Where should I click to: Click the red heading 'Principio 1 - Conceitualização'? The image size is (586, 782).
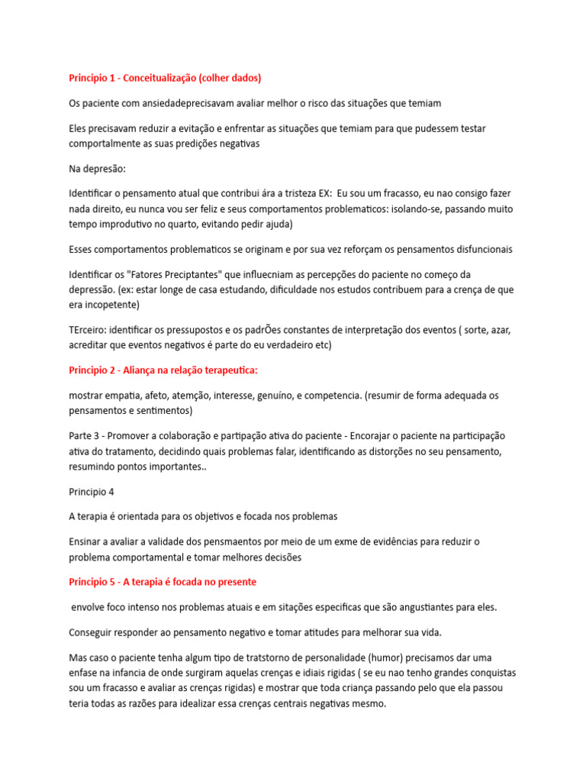coord(165,78)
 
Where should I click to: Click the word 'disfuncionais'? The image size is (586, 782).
coord(478,249)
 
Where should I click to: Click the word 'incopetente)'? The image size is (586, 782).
coord(113,304)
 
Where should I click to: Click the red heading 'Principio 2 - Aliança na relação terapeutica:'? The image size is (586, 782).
coord(163,370)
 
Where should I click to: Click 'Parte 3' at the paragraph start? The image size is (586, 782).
coord(85,435)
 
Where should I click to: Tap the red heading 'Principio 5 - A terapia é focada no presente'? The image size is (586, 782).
coord(163,582)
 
